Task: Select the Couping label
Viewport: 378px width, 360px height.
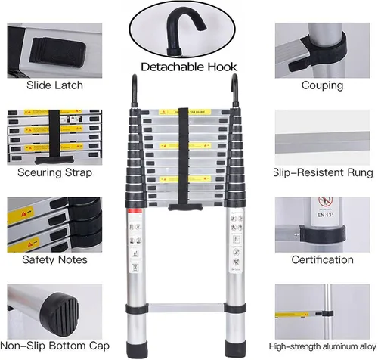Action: [x=322, y=85]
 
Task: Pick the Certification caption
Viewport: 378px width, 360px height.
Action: [x=323, y=259]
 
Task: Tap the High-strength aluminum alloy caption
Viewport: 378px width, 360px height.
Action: [x=323, y=346]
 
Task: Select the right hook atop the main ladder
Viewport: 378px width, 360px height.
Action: [x=234, y=84]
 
